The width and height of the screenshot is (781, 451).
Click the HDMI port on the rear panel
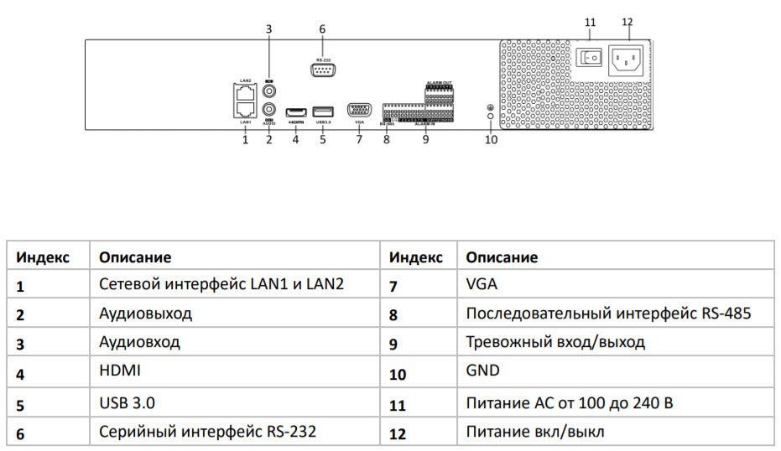pos(295,111)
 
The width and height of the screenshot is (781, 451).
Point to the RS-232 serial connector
pos(322,70)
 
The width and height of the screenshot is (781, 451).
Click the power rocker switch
pos(590,56)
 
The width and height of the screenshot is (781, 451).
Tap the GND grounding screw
pos(491,109)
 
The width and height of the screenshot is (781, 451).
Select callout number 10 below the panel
pos(491,140)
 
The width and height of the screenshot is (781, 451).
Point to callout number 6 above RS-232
pos(322,29)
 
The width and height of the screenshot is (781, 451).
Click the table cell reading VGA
pos(481,284)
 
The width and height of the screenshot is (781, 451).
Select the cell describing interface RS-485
pos(607,314)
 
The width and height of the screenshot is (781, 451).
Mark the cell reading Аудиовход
pos(139,343)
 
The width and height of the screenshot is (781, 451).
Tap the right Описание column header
pos(501,257)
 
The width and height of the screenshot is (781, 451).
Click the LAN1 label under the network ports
pos(245,123)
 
